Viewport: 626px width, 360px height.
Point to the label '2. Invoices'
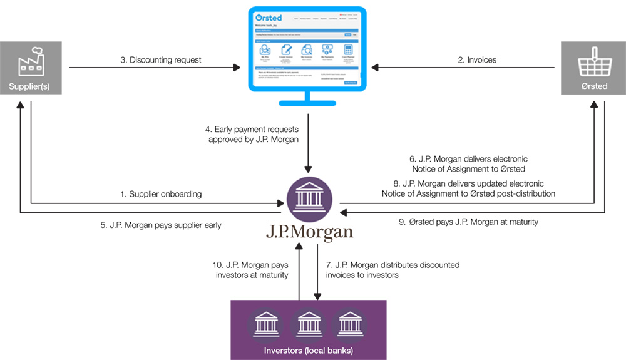click(x=476, y=60)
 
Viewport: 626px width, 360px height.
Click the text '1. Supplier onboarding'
click(x=161, y=194)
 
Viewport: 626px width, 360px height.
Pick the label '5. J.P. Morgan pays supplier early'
click(x=161, y=225)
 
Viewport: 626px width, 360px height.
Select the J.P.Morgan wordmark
click(x=309, y=232)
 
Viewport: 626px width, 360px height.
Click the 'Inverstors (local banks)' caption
click(x=308, y=349)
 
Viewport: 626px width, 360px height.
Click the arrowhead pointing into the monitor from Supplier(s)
click(x=239, y=66)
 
